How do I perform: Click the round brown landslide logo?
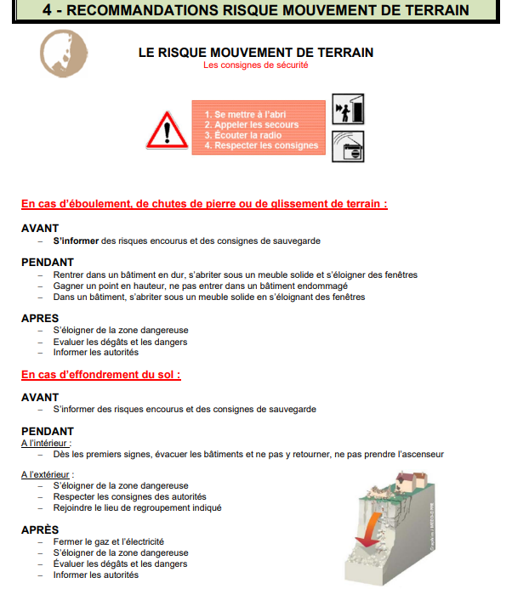click(64, 53)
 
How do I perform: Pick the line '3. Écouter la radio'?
click(242, 135)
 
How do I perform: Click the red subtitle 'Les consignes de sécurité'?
click(255, 65)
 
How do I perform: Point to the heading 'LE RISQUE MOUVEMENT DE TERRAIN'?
click(255, 53)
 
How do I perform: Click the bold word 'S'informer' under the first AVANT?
click(76, 241)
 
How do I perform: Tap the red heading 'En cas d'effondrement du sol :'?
click(101, 375)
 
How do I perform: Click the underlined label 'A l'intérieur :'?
click(46, 443)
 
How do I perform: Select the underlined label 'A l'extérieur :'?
click(48, 474)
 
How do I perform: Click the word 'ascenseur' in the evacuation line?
click(423, 454)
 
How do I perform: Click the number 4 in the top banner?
click(47, 10)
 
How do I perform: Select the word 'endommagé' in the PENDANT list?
click(324, 286)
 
